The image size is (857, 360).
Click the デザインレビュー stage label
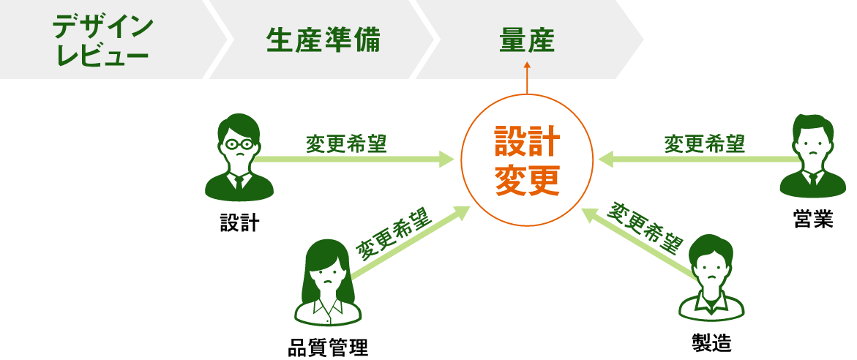(102, 40)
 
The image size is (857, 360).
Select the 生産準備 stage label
(323, 40)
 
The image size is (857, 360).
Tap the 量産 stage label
(527, 40)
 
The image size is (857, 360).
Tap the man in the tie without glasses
(812, 157)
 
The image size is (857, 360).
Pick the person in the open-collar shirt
(711, 278)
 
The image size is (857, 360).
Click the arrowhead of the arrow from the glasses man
(448, 159)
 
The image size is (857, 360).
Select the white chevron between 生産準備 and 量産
(424, 40)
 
